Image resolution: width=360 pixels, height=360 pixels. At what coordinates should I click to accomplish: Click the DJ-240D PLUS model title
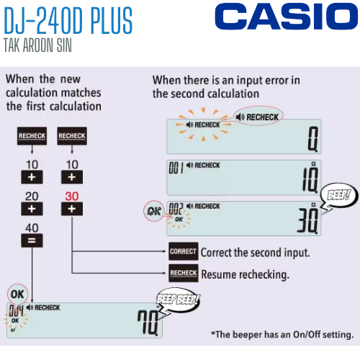click(x=68, y=23)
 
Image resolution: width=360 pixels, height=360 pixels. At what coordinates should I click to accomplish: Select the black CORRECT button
click(x=183, y=253)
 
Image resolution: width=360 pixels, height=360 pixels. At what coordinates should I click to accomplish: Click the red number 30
click(x=71, y=195)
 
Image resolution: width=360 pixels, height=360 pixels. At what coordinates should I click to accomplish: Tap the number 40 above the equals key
click(x=32, y=228)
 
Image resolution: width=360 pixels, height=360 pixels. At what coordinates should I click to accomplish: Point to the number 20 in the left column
click(x=32, y=195)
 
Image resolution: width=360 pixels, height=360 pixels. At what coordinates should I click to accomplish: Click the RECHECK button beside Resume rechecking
click(x=183, y=274)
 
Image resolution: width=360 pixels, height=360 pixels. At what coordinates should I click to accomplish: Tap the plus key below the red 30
click(x=71, y=209)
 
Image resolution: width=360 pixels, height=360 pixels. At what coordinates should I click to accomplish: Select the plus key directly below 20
click(x=32, y=209)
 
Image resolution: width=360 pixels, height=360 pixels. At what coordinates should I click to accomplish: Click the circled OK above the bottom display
click(x=17, y=294)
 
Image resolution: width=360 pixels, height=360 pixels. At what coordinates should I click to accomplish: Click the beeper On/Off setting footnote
click(x=282, y=335)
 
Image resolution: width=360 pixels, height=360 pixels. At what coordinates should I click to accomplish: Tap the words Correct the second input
click(x=255, y=253)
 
